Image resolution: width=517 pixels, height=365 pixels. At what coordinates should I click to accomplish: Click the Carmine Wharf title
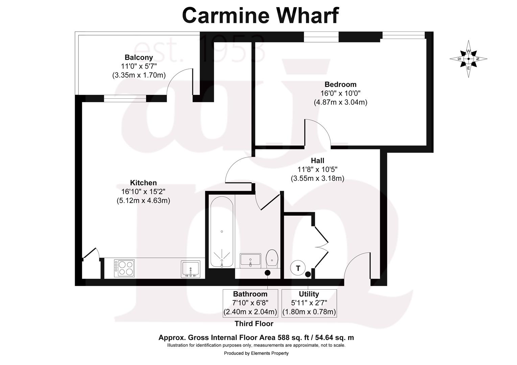pyautogui.click(x=260, y=16)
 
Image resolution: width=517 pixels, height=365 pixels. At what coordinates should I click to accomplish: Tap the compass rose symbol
pyautogui.click(x=468, y=59)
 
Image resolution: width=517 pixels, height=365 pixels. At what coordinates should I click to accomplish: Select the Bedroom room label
pyautogui.click(x=340, y=84)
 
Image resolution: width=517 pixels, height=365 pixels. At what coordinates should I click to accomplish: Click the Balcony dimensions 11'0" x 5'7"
pyautogui.click(x=139, y=66)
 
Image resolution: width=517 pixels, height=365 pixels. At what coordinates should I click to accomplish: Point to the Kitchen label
pyautogui.click(x=143, y=183)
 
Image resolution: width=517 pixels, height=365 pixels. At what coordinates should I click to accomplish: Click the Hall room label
pyautogui.click(x=317, y=161)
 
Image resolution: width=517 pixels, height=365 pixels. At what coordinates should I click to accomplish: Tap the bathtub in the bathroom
pyautogui.click(x=221, y=232)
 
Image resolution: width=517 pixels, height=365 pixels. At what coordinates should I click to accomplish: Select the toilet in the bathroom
pyautogui.click(x=272, y=258)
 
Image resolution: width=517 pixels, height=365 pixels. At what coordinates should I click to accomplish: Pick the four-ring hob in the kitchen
pyautogui.click(x=124, y=268)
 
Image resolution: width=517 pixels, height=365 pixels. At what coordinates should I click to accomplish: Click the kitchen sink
pyautogui.click(x=191, y=269)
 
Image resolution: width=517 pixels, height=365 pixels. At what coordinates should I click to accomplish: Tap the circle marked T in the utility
pyautogui.click(x=298, y=268)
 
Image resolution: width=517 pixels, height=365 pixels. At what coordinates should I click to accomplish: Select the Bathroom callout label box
pyautogui.click(x=250, y=303)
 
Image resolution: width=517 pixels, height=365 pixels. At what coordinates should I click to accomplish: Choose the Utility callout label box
pyautogui.click(x=309, y=303)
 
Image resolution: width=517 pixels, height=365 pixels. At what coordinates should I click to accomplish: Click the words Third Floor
pyautogui.click(x=254, y=324)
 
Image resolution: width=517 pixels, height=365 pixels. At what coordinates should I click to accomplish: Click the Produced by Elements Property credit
pyautogui.click(x=256, y=353)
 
